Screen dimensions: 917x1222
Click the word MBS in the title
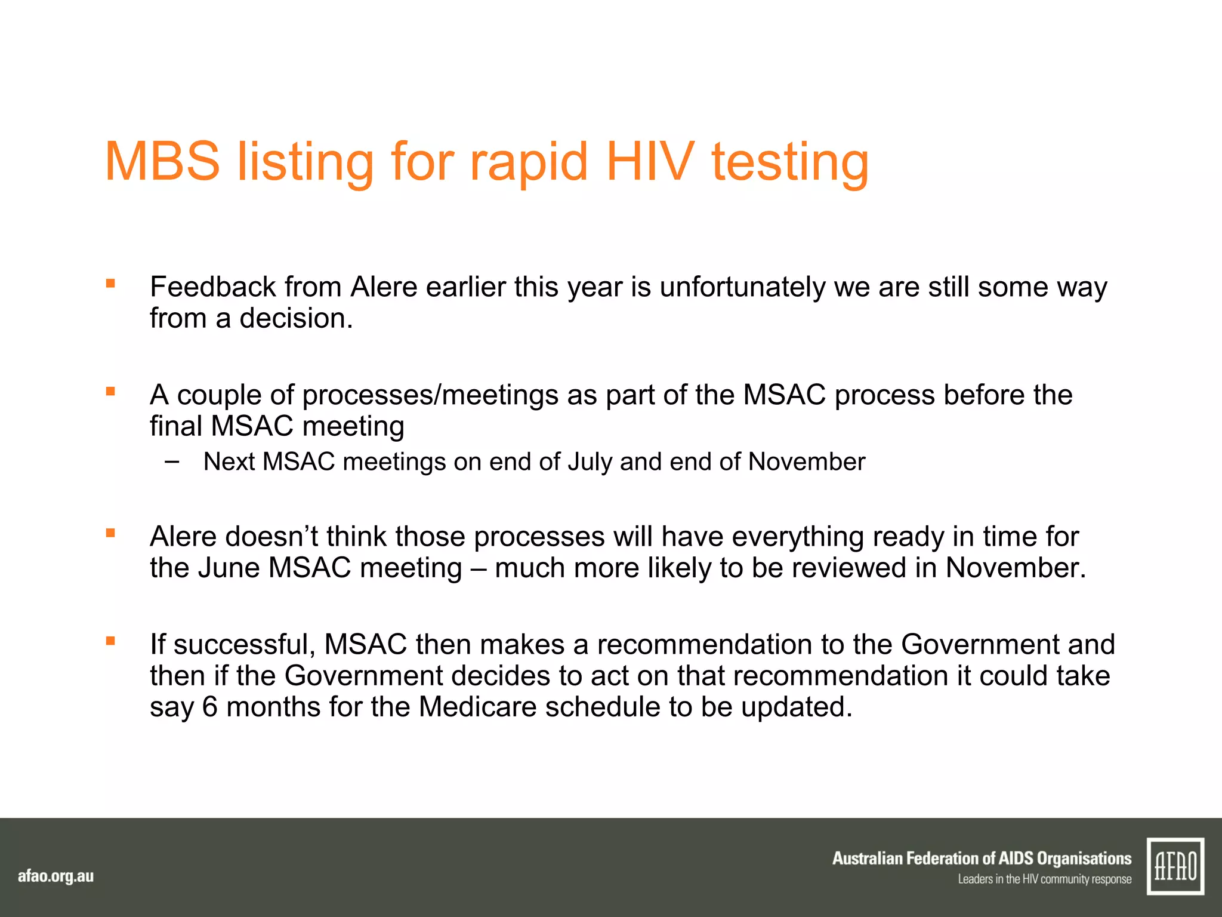coord(162,162)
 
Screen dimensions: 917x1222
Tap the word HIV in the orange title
coord(650,162)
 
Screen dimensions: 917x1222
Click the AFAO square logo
coord(1175,866)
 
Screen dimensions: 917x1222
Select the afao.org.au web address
coord(55,876)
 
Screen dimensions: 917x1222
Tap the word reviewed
coord(846,568)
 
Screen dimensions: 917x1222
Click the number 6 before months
coord(210,707)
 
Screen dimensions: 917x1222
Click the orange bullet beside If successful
coord(110,641)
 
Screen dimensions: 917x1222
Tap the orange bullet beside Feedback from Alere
coord(110,284)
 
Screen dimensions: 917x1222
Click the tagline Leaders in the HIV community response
coord(1044,879)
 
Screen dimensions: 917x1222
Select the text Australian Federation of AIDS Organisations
coord(982,858)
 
